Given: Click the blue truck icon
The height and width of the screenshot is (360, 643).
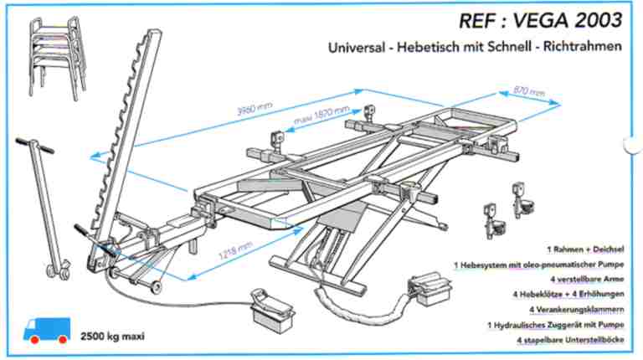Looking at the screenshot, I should tap(45, 332).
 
